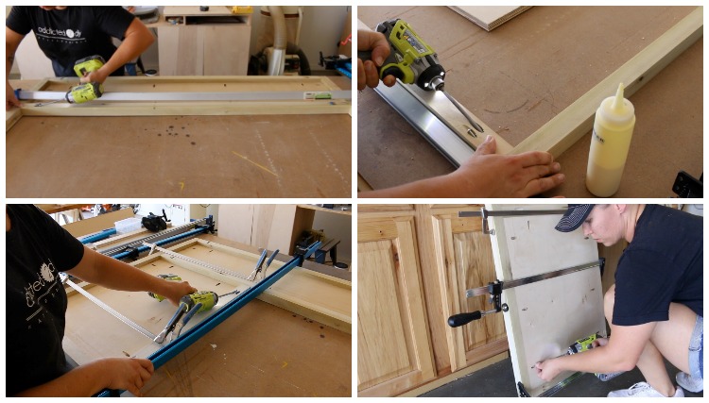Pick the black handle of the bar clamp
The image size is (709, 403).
tap(464, 319)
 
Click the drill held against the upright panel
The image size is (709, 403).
tap(584, 345)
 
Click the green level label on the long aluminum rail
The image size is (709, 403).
tap(318, 95)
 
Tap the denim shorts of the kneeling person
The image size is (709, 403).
tap(693, 340)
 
